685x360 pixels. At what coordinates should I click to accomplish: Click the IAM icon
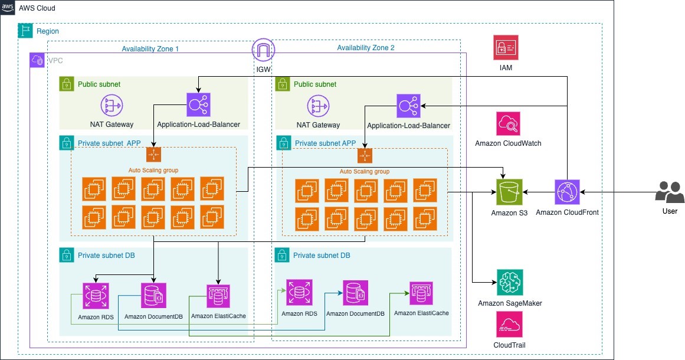[x=506, y=47]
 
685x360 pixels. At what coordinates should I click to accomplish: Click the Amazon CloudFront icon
[x=567, y=192]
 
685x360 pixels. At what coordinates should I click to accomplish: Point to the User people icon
[x=670, y=192]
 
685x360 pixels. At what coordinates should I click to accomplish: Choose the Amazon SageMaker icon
[x=510, y=283]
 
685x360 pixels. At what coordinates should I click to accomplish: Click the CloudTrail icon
[x=509, y=325]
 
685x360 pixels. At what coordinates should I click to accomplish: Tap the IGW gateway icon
[x=264, y=51]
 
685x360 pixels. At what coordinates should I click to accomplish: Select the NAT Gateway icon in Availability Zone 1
[x=112, y=106]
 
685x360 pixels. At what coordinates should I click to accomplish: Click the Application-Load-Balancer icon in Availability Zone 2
[x=408, y=106]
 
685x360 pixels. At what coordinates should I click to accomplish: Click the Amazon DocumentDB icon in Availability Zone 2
[x=355, y=293]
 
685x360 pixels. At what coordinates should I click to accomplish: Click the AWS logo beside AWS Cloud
[x=8, y=9]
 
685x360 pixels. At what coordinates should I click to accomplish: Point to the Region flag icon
[x=25, y=31]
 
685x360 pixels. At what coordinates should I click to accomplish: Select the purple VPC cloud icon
[x=37, y=60]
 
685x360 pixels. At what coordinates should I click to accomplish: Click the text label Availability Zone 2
[x=366, y=48]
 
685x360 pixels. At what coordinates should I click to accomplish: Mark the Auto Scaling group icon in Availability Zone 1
[x=153, y=155]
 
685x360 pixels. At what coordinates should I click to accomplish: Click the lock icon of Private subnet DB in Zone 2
[x=283, y=256]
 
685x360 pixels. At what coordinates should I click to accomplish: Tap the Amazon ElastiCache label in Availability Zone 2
[x=421, y=313]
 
